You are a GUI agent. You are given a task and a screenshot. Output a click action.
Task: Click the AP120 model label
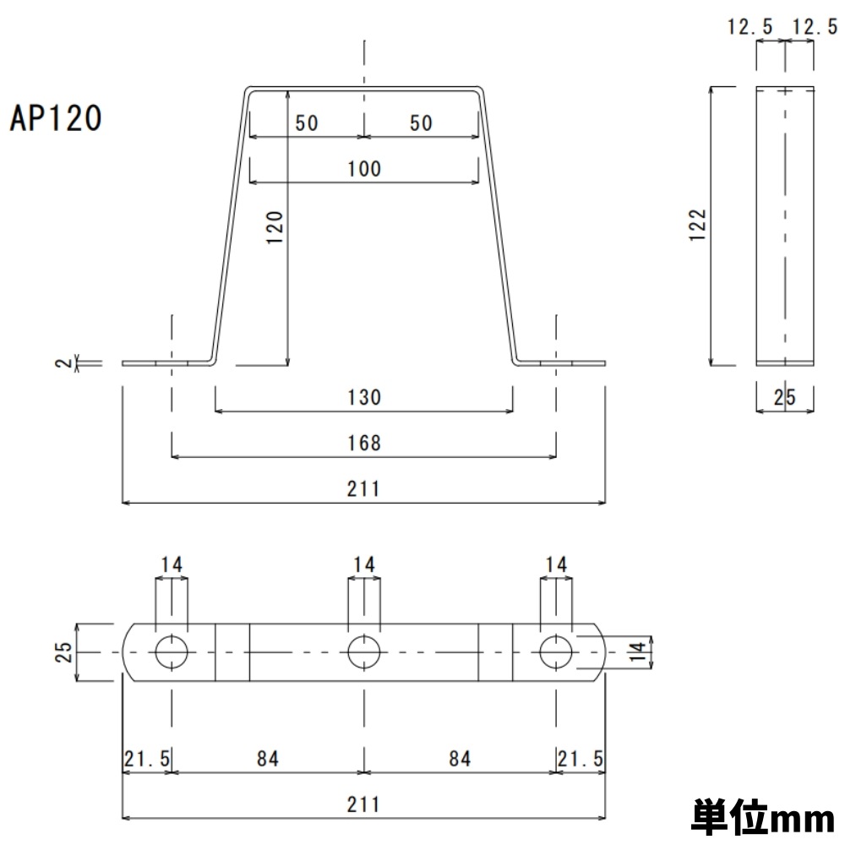pos(56,119)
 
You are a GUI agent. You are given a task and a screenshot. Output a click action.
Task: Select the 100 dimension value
pos(364,169)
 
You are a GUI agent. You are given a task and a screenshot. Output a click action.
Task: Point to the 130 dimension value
pos(364,397)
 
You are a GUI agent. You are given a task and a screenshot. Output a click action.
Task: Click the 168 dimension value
pos(364,443)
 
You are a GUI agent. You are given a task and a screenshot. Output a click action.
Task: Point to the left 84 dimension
pos(267,758)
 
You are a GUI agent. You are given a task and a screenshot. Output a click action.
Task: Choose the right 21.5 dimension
pos(581,758)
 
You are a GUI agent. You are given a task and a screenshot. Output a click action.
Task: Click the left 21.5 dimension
pos(147,758)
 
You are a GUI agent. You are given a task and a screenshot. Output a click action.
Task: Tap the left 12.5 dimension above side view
pos(750,28)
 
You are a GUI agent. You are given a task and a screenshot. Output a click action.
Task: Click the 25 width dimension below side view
pos(786,398)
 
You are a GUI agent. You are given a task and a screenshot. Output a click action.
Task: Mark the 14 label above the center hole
pos(364,564)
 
